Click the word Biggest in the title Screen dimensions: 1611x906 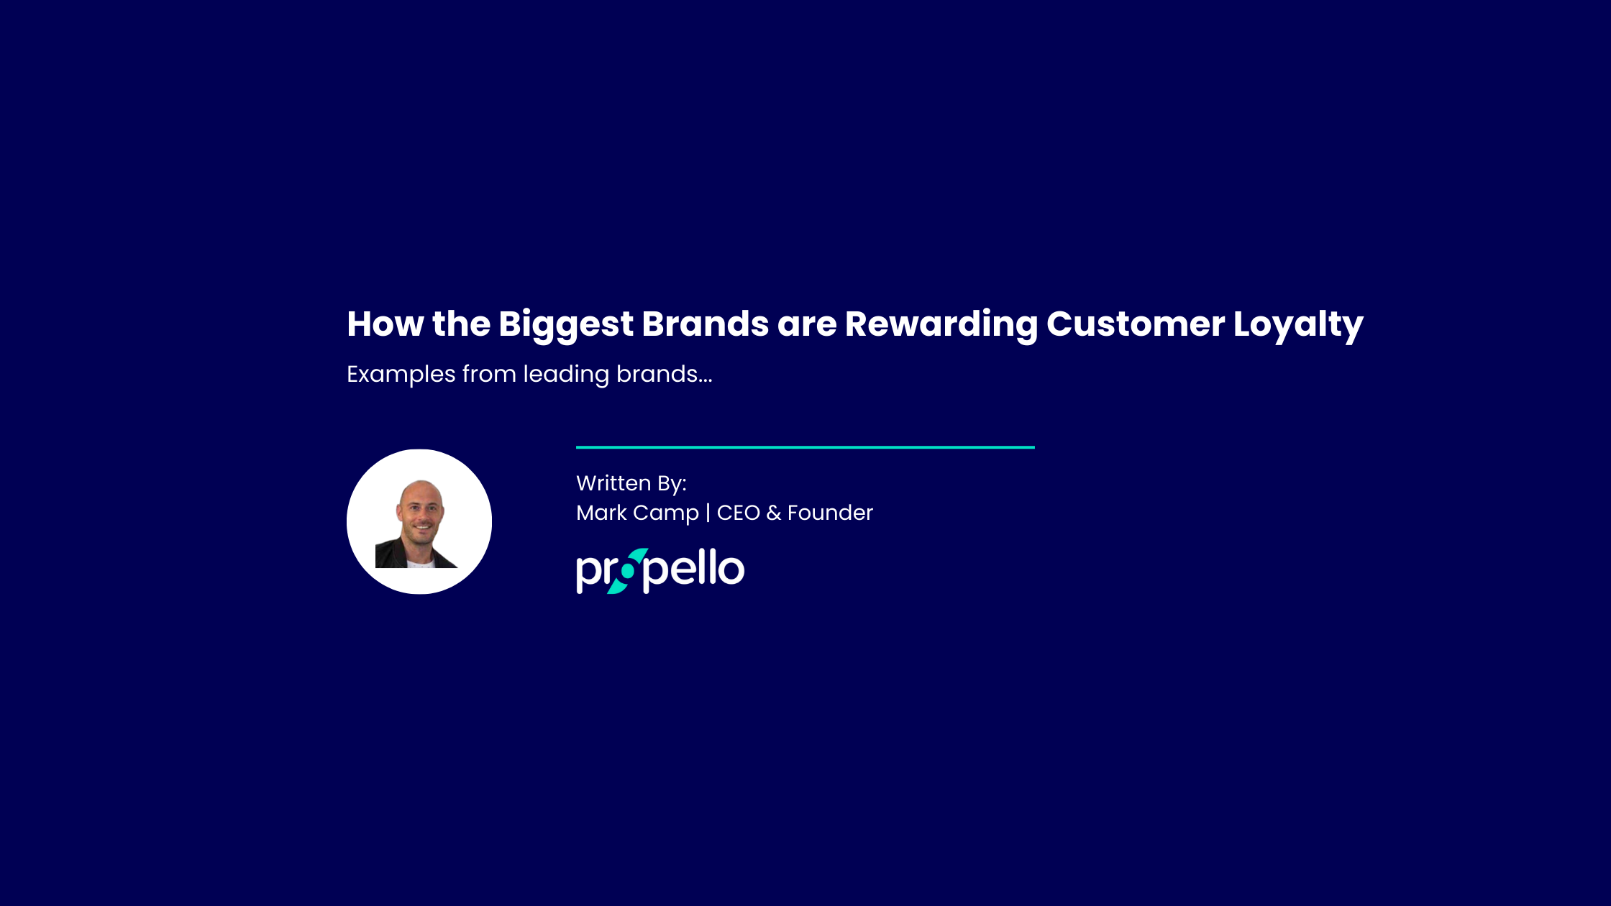coord(565,324)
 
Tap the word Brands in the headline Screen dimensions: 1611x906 coord(705,324)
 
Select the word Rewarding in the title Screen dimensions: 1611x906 coord(941,324)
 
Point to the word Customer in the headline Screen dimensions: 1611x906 coord(1136,324)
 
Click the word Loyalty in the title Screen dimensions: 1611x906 coord(1298,325)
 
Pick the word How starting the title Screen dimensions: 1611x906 coord(385,324)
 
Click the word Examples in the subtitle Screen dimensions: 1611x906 coord(401,375)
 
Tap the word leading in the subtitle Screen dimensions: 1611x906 coord(566,375)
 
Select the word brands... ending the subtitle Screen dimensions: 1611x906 coord(665,374)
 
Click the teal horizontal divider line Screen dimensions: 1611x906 coord(806,447)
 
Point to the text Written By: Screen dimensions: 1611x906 coord(631,483)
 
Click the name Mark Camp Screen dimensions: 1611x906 coord(637,513)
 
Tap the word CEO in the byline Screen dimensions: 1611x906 coord(738,513)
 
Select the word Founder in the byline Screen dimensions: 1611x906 coord(830,513)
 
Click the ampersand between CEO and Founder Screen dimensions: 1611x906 coord(774,513)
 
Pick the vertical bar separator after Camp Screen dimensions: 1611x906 coord(708,513)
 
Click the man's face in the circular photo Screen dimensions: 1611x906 coord(421,512)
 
